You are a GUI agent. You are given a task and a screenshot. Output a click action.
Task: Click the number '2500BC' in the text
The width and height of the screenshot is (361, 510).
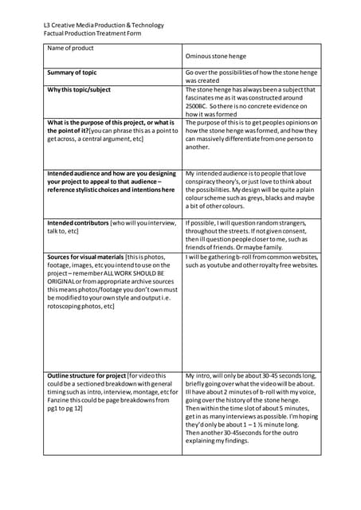[199, 106]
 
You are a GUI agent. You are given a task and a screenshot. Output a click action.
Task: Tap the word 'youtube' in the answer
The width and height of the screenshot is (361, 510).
[219, 265]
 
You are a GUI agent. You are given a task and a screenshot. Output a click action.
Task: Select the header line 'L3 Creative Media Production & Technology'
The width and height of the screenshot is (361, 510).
[104, 25]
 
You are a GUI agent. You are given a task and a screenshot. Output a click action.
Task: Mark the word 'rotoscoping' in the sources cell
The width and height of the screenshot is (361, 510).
[67, 306]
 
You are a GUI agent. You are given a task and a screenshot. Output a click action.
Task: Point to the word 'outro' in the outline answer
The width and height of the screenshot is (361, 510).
[308, 432]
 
